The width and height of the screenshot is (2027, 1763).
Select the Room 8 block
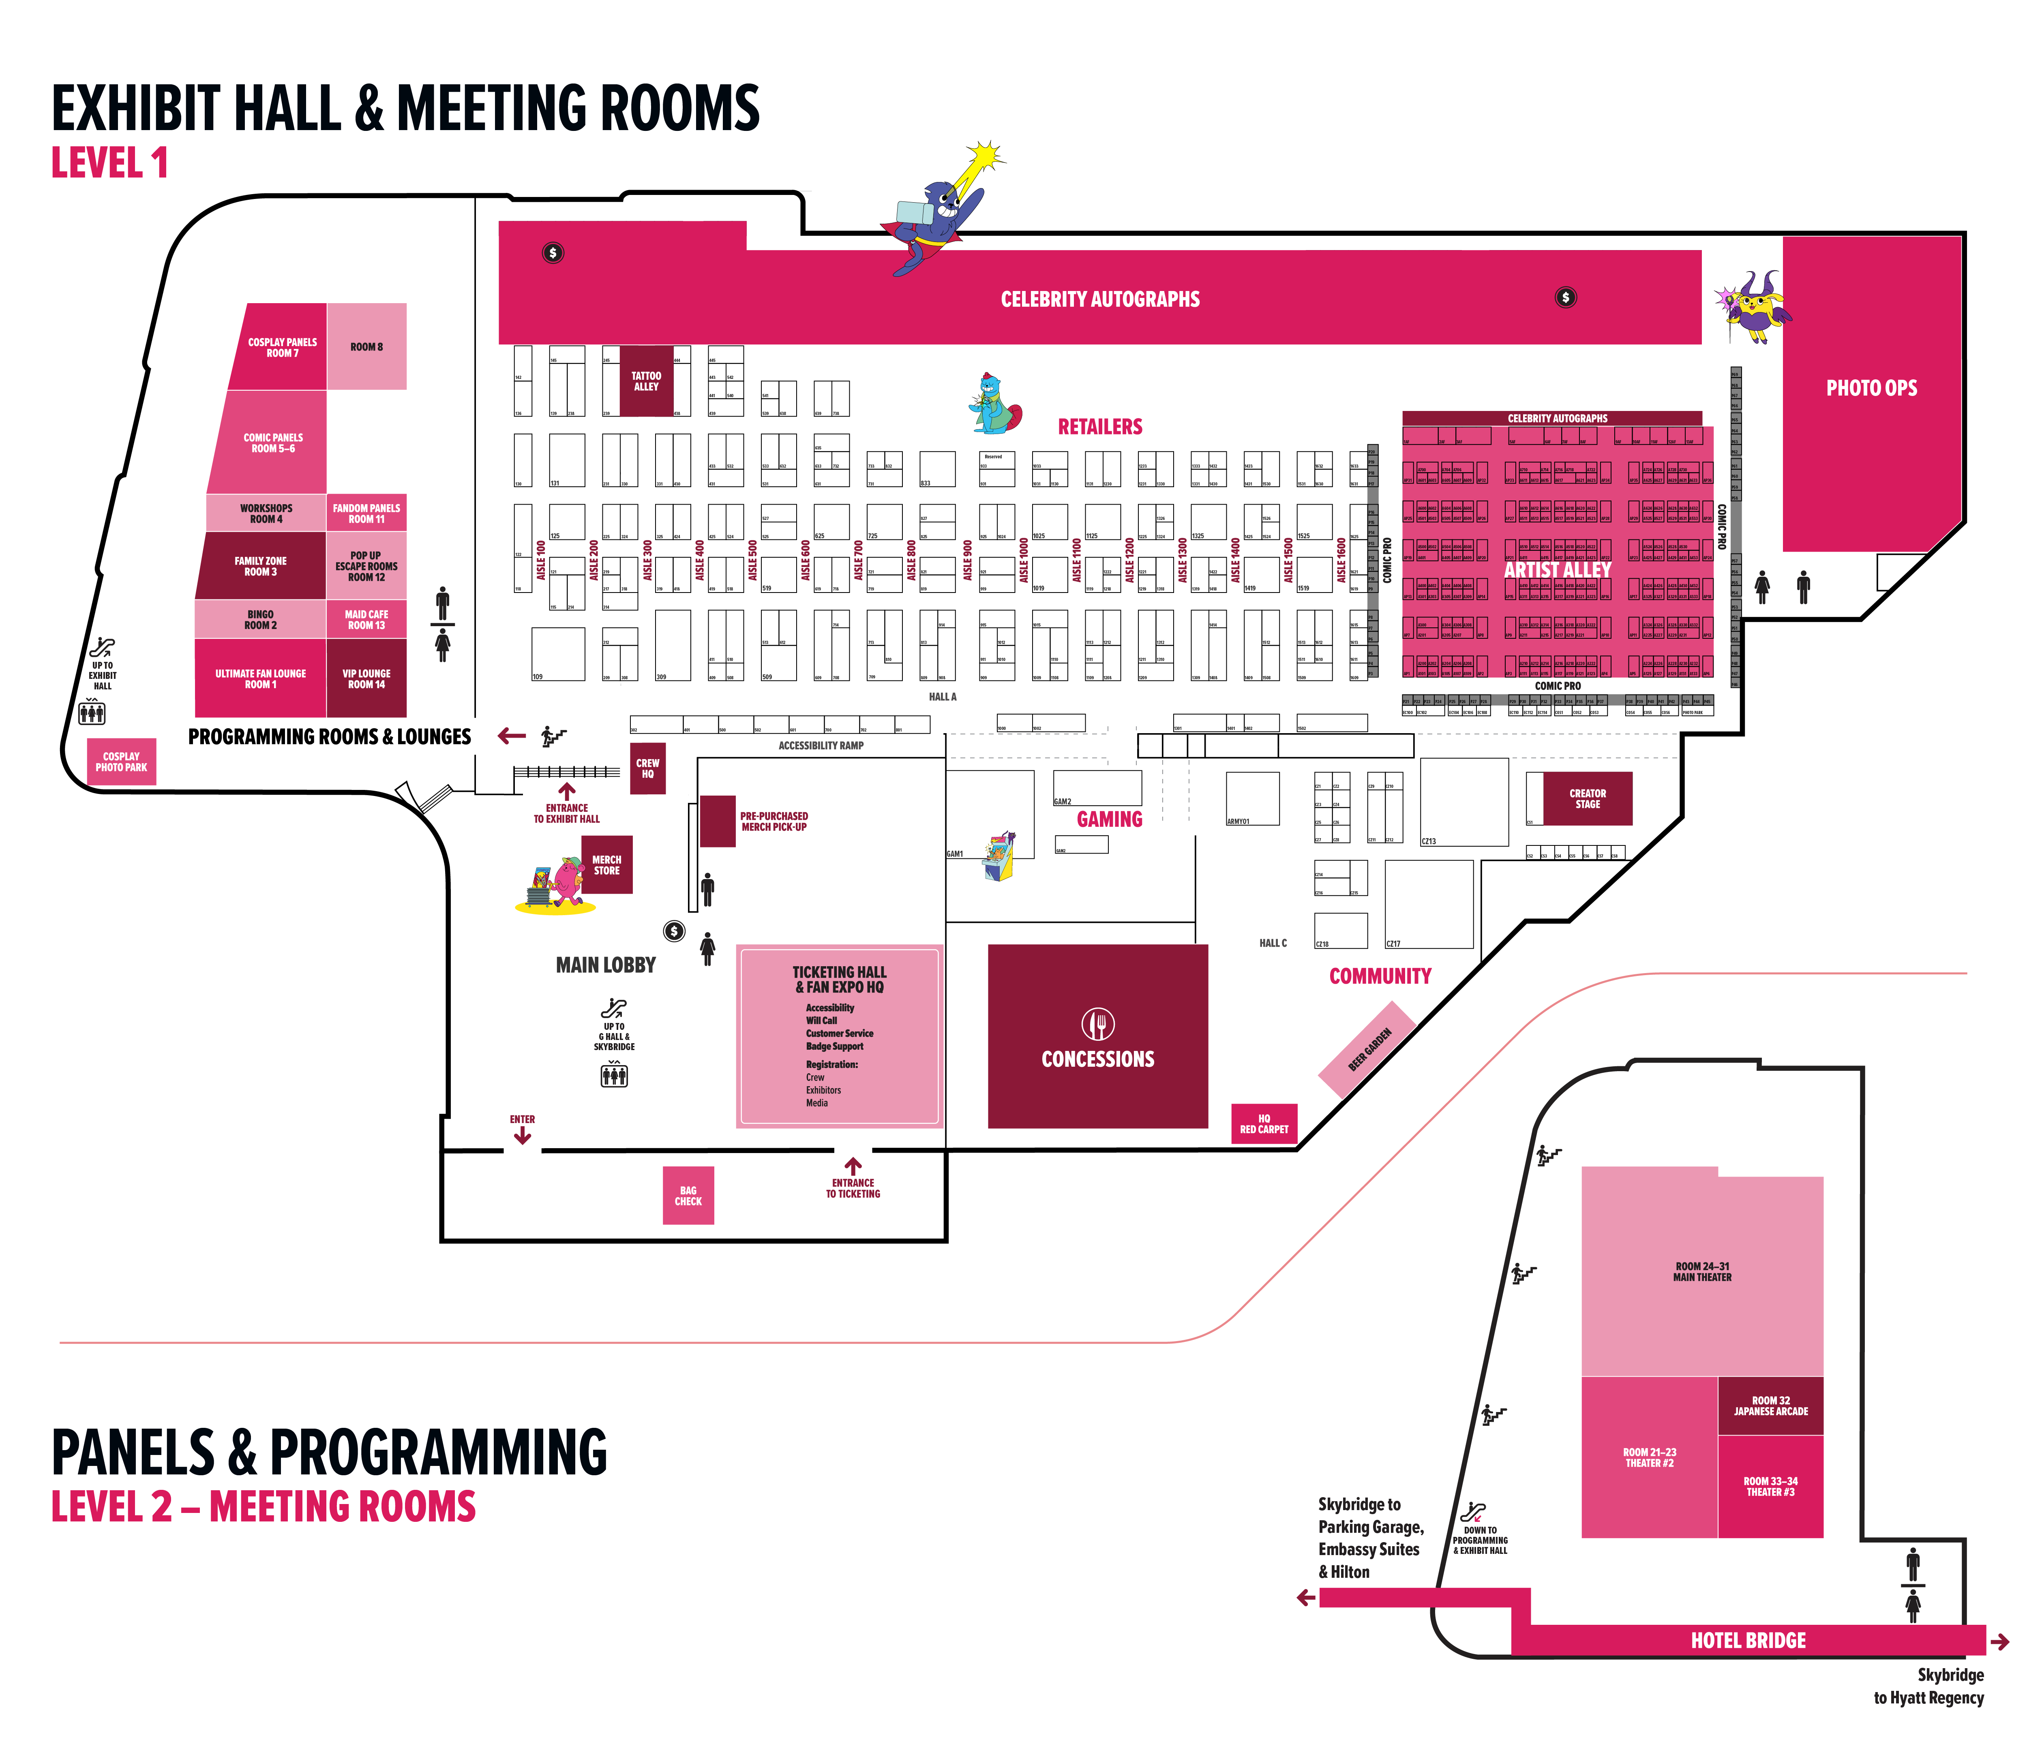tap(366, 346)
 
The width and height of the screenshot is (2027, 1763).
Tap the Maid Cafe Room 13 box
tap(366, 620)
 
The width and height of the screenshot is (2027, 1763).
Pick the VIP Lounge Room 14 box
tap(366, 679)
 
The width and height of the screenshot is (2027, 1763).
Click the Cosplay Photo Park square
tap(121, 762)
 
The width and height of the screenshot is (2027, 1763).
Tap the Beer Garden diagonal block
tap(1369, 1050)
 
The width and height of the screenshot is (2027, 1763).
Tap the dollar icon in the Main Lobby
tap(674, 931)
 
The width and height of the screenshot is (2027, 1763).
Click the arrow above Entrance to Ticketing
tap(853, 1166)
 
